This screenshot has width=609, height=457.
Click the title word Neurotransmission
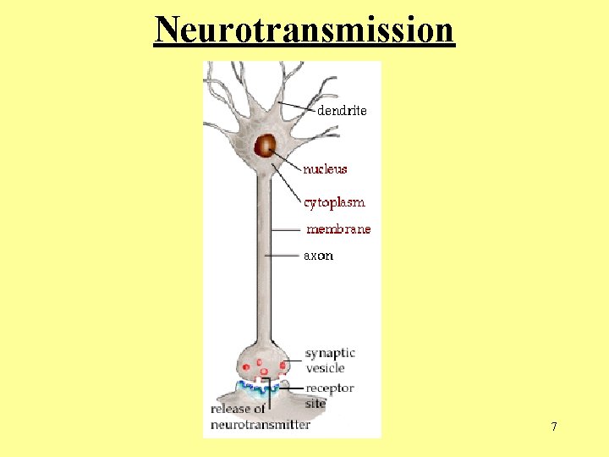(304, 30)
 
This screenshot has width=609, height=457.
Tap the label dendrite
(342, 110)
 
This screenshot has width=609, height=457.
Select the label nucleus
(326, 169)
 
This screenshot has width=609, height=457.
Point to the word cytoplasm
(335, 203)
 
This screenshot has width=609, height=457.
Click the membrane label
(338, 229)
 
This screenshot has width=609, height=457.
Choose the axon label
(319, 256)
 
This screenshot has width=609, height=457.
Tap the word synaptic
(330, 354)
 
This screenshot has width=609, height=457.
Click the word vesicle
(325, 368)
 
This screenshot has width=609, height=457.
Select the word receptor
(330, 388)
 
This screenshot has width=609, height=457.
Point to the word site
(315, 404)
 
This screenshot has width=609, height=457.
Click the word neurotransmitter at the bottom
(261, 424)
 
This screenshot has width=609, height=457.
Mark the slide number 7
(554, 427)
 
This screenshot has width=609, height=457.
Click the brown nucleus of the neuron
(267, 146)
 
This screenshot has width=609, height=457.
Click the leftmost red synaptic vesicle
(246, 366)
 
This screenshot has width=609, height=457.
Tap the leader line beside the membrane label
(287, 229)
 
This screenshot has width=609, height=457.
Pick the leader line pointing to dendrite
(296, 107)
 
